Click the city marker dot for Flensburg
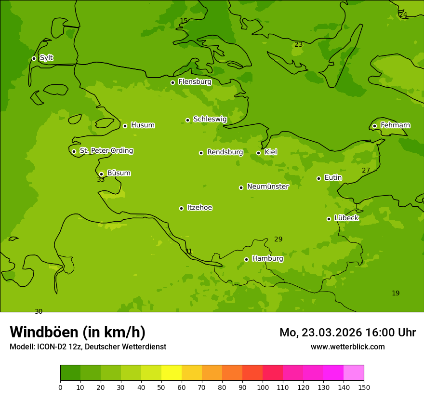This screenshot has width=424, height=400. tap(172, 82)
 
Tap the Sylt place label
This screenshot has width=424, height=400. tap(46, 58)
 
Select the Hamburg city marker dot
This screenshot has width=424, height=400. tap(246, 259)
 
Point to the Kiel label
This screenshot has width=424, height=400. tap(270, 152)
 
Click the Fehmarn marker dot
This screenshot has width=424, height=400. tap(374, 126)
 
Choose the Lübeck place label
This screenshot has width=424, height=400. tap(346, 218)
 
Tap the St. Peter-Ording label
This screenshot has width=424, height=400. tap(106, 151)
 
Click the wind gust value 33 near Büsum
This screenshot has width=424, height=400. tap(101, 180)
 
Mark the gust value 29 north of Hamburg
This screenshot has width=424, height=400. tap(278, 240)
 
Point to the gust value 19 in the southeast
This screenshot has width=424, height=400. tap(396, 293)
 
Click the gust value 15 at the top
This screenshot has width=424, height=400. tap(184, 21)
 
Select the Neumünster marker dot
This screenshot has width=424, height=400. tap(241, 187)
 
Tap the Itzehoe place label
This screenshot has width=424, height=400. tap(199, 208)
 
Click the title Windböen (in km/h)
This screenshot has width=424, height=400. tap(78, 332)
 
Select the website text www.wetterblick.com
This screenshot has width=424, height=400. tap(347, 347)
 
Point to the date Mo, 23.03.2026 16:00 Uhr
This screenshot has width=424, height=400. tap(347, 333)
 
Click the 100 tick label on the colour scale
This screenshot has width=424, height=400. tap(263, 387)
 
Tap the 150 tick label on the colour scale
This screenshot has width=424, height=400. tap(364, 387)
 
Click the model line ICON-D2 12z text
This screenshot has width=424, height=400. tap(88, 347)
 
